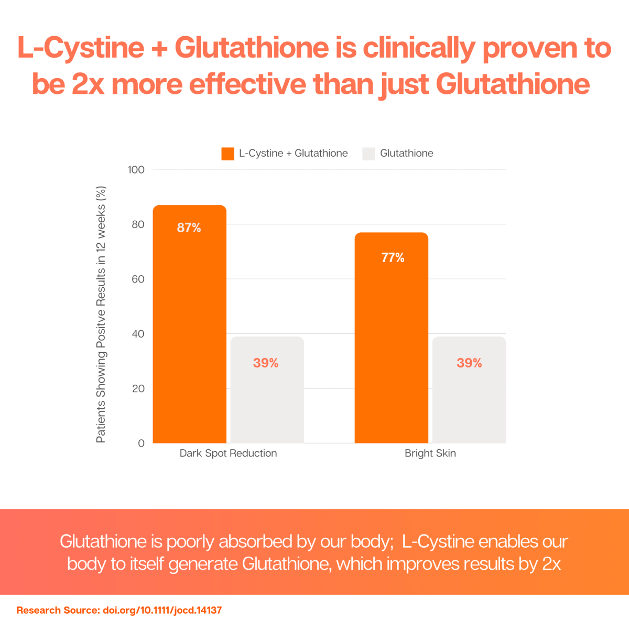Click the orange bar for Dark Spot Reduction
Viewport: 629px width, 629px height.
click(189, 335)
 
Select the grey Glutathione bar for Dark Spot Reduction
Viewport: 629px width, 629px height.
click(267, 398)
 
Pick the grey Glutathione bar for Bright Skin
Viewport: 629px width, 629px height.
click(469, 398)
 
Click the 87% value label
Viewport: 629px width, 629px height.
click(189, 228)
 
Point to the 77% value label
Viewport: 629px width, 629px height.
click(393, 258)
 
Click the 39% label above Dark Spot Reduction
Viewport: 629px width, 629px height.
click(266, 363)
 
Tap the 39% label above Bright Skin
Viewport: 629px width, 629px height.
click(469, 363)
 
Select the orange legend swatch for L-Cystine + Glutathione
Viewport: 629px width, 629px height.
click(228, 154)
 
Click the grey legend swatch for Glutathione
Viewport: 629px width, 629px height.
click(368, 154)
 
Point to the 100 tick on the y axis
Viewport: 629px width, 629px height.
click(136, 170)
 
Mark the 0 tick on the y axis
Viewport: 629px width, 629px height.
click(141, 443)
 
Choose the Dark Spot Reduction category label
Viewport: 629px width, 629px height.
click(228, 453)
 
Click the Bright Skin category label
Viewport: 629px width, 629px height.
click(430, 453)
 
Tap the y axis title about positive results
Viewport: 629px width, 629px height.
click(101, 314)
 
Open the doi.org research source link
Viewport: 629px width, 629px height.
click(162, 610)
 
